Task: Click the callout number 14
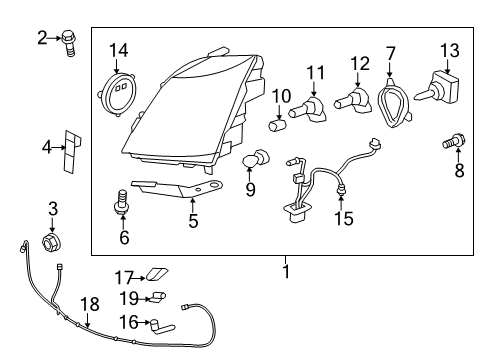coord(119,49)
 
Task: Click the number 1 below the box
coord(286,271)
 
